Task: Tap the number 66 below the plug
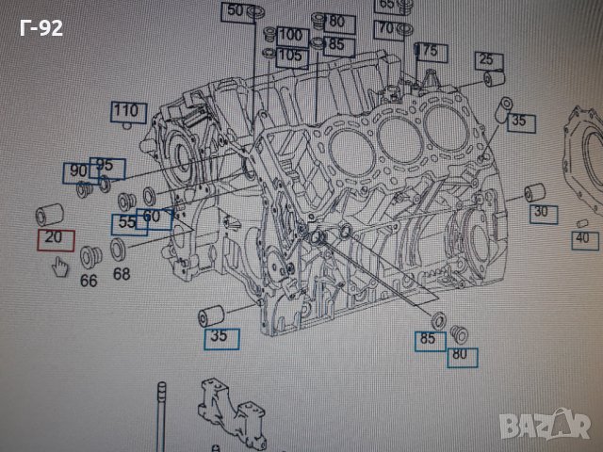pyautogui.click(x=89, y=280)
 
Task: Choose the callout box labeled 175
pyautogui.click(x=427, y=50)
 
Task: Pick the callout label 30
pyautogui.click(x=540, y=213)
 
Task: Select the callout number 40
pyautogui.click(x=582, y=238)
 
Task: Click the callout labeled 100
pyautogui.click(x=292, y=36)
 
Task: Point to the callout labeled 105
pyautogui.click(x=291, y=56)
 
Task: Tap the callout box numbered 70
pyautogui.click(x=386, y=28)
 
